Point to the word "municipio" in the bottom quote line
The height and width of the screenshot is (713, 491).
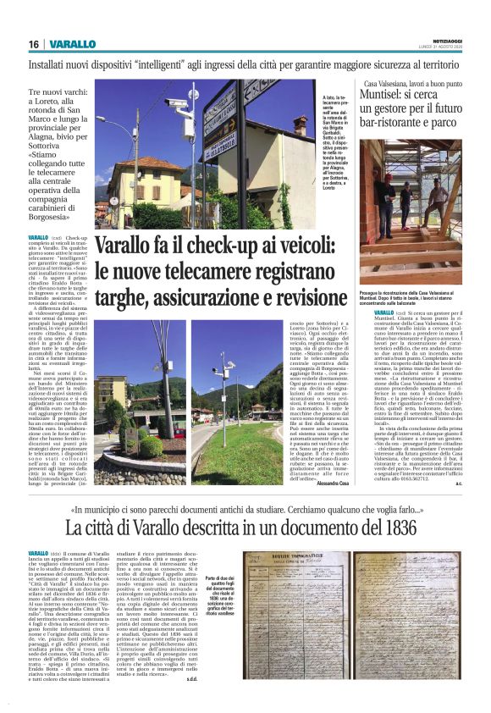tap(110, 511)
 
